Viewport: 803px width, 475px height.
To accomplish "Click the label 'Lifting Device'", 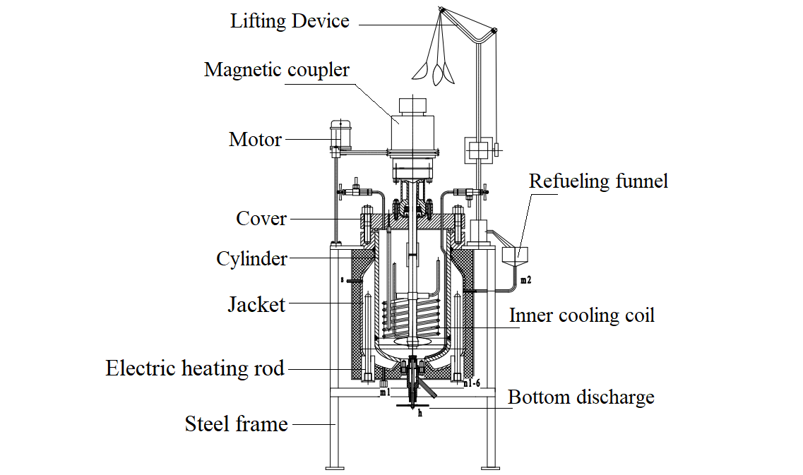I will [x=290, y=21].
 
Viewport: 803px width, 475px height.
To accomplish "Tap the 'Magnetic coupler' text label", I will [x=277, y=70].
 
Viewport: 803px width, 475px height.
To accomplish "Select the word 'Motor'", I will [x=255, y=139].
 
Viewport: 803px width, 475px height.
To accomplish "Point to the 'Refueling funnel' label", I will [x=598, y=181].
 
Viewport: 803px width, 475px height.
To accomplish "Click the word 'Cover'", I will [x=261, y=219].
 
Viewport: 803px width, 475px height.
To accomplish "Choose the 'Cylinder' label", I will [x=251, y=259].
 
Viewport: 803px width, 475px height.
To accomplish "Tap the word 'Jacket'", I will [x=256, y=305].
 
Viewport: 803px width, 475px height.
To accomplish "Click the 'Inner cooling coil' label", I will [x=582, y=315].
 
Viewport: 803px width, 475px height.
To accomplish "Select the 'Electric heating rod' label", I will [x=195, y=368].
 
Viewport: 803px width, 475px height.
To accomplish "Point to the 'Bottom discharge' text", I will [x=581, y=397].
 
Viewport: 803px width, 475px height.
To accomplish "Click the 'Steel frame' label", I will [x=236, y=424].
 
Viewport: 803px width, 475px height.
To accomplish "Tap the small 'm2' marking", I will [x=525, y=281].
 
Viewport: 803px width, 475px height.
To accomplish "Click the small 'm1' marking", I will [x=384, y=392].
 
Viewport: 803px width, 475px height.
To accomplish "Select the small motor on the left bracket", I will [x=341, y=135].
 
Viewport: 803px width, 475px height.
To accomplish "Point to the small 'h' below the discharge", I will [x=420, y=414].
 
